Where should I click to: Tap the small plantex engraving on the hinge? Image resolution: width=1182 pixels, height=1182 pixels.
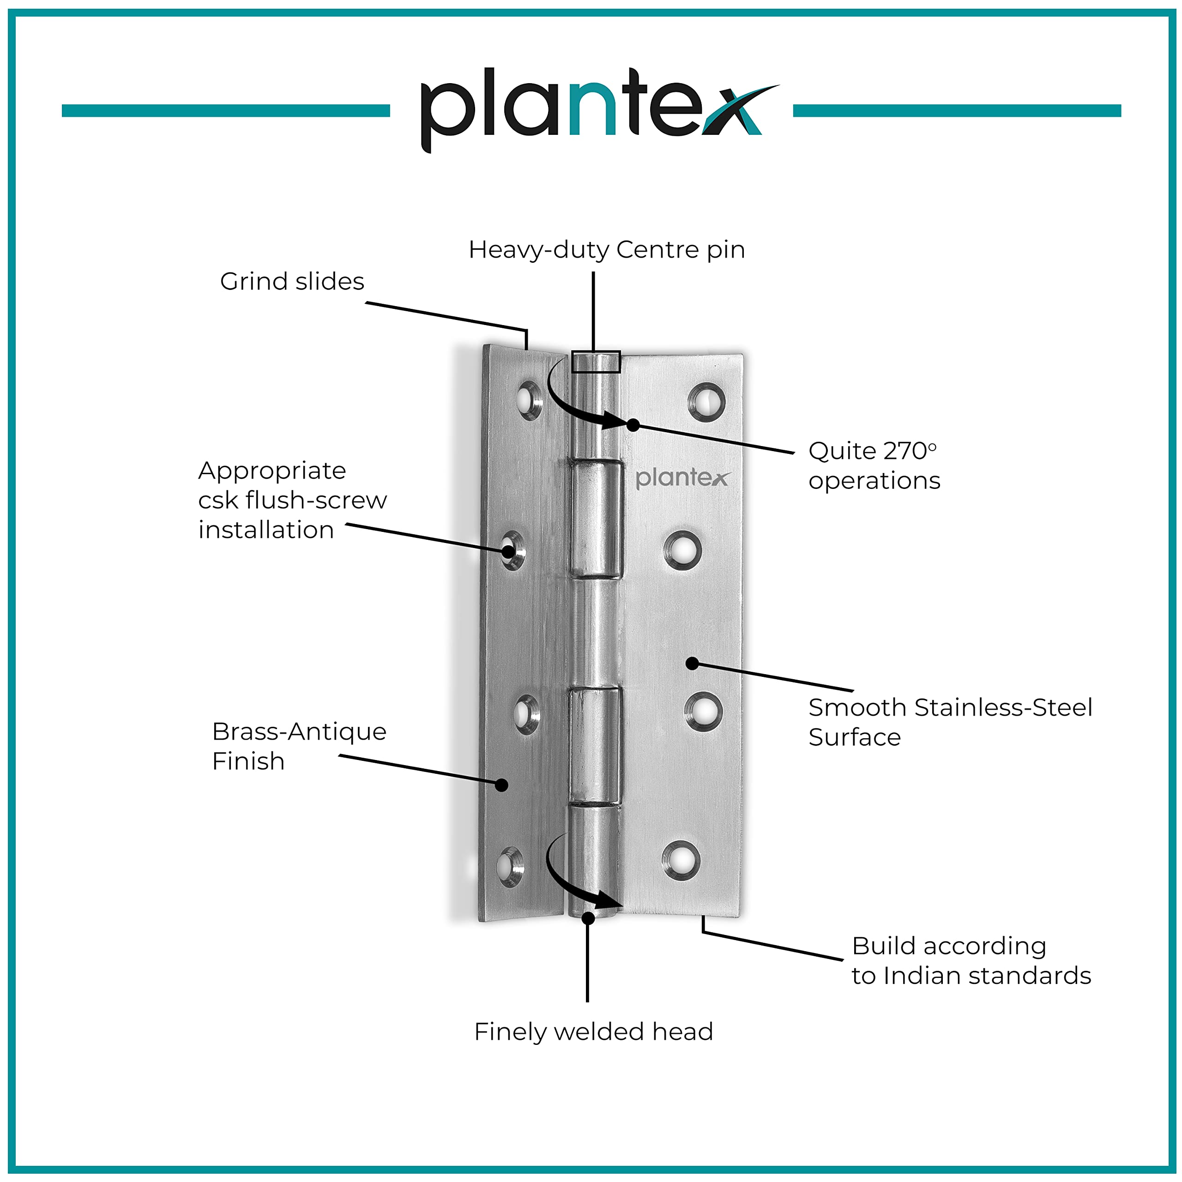(682, 478)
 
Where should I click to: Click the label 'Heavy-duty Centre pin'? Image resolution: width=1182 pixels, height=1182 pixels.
(606, 250)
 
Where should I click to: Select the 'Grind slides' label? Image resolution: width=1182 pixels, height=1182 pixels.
(292, 282)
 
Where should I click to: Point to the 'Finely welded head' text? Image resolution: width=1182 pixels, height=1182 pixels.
(593, 1031)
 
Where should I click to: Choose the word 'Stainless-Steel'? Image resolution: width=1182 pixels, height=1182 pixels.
(1003, 708)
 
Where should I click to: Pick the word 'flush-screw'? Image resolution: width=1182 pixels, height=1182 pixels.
(316, 501)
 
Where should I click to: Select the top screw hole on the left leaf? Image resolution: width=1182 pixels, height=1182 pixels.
(529, 400)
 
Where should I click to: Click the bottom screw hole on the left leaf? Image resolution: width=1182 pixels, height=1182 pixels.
(510, 866)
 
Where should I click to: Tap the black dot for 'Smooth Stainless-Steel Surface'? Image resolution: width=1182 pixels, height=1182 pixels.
(692, 663)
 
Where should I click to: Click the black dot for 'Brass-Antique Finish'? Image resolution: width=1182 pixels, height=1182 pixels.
(502, 785)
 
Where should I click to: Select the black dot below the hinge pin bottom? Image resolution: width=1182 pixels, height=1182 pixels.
(588, 918)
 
